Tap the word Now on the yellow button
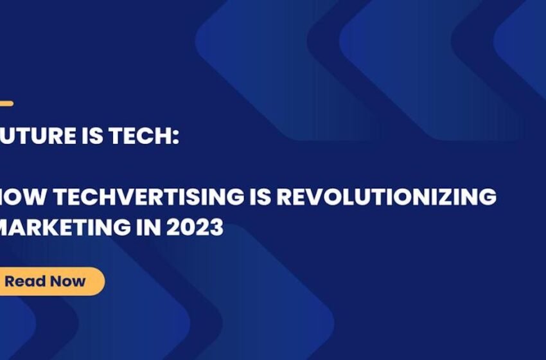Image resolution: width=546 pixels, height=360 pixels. point(67,281)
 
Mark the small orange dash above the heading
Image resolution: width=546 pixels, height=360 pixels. point(6,104)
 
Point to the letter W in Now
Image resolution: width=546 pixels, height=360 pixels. point(78,281)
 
